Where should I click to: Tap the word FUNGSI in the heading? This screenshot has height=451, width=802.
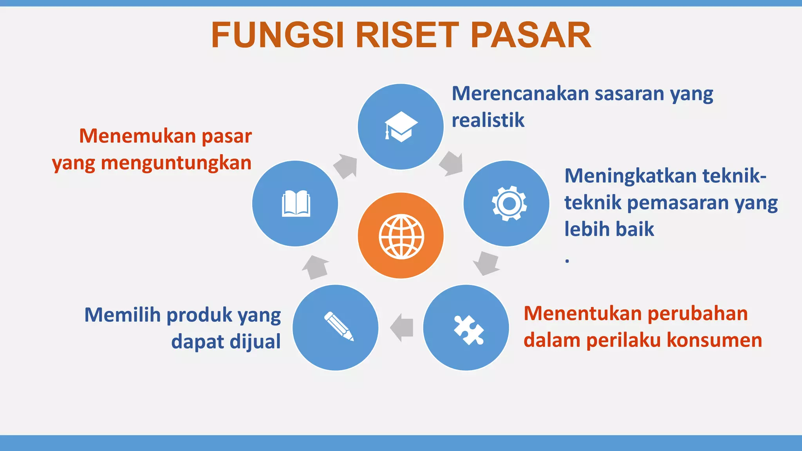[x=278, y=35]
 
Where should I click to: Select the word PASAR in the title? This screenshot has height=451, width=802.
[x=531, y=35]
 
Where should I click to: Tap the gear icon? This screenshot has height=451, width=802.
[x=509, y=203]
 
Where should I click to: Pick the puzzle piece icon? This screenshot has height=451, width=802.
[x=468, y=330]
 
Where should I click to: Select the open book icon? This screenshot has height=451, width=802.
[x=296, y=203]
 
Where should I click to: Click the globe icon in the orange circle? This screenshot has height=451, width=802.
[x=401, y=236]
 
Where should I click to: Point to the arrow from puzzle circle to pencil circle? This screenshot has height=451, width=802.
[x=402, y=327]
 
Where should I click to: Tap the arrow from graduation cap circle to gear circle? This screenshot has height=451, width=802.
[x=452, y=163]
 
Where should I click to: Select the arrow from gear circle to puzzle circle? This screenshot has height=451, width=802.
[x=486, y=263]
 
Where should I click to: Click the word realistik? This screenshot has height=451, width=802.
[x=488, y=120]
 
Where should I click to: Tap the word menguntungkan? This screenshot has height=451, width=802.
[x=176, y=163]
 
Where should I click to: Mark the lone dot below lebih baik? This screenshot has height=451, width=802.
[x=567, y=260]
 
